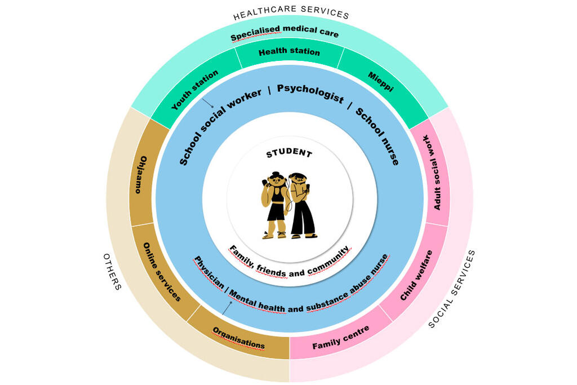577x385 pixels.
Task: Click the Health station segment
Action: pos(289,52)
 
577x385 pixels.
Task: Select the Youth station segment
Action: pos(195,90)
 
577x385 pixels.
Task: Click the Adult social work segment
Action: pos(437,172)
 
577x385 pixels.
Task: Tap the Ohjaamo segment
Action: pos(141,175)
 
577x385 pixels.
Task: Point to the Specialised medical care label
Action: pos(285,34)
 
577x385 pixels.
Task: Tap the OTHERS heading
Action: pos(112,271)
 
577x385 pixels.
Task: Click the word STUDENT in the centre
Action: pos(288,153)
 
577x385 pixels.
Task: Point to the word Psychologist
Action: pos(310,94)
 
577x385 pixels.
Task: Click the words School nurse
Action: pos(378,136)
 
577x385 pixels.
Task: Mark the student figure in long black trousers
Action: pos(301,205)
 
